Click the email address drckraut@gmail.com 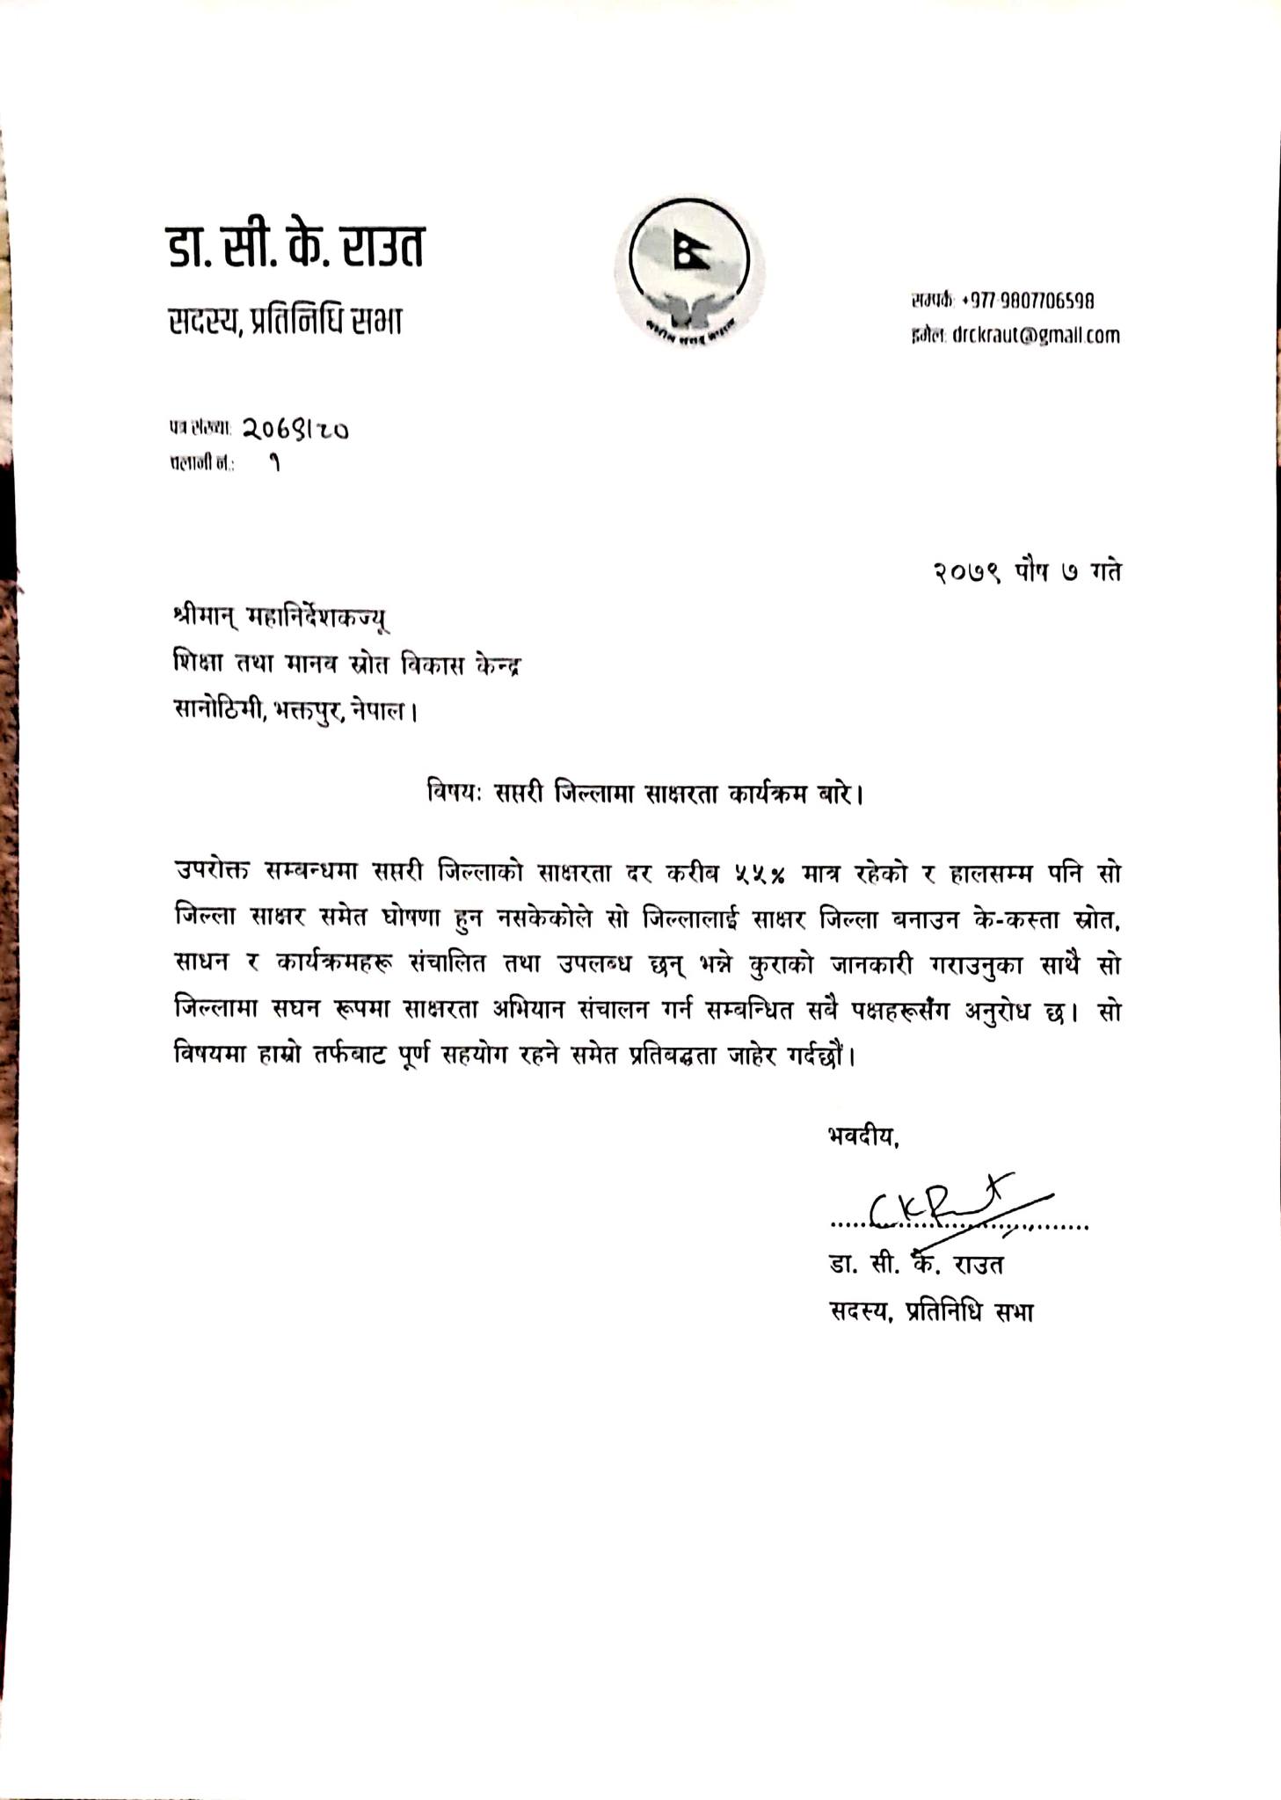tap(1035, 335)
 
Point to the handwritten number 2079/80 tap(295, 429)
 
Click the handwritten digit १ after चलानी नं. tap(275, 464)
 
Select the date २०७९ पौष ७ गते tap(1026, 571)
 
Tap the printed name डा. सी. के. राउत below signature tap(915, 1265)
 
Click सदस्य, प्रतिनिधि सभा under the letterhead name tap(286, 322)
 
